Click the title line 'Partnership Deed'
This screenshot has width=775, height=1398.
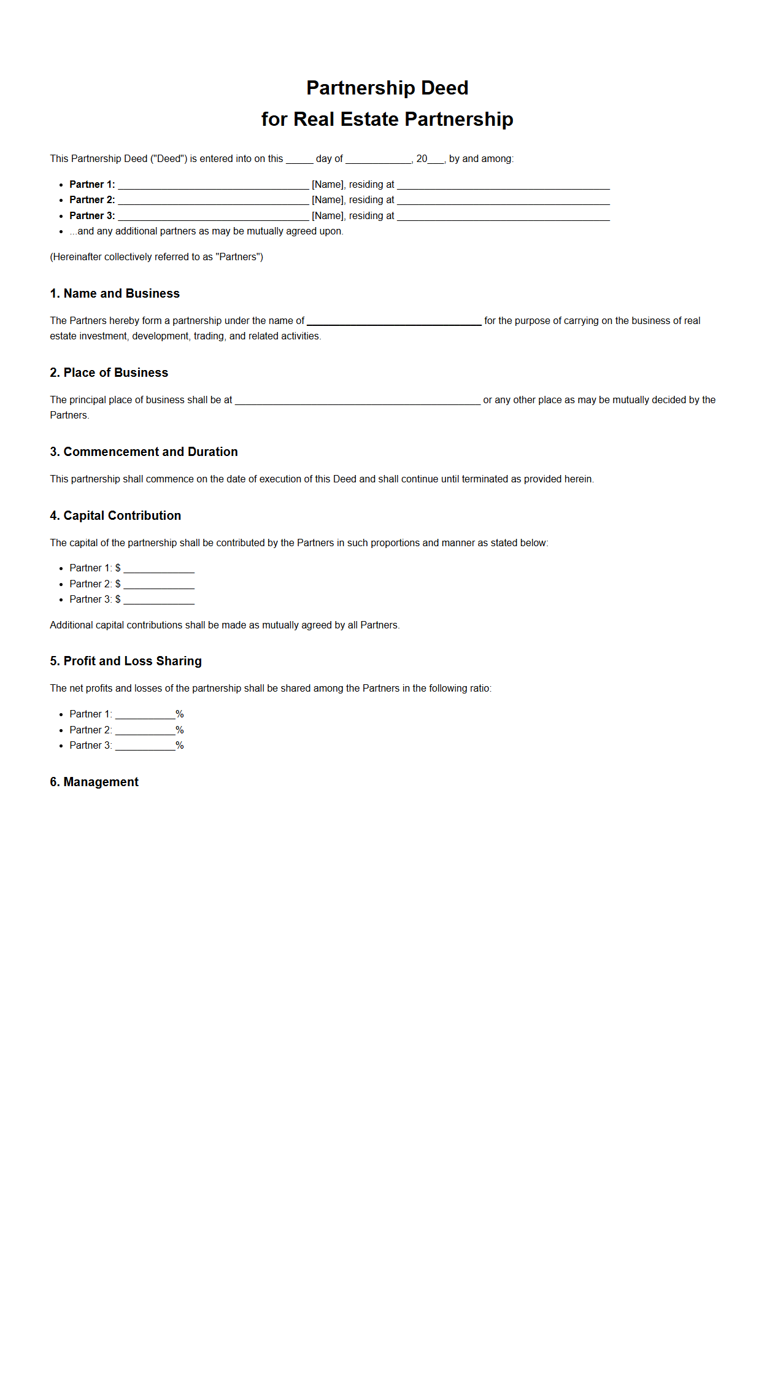click(x=387, y=88)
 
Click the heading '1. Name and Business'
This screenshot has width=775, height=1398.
click(x=115, y=293)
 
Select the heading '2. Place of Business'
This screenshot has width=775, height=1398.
click(x=109, y=373)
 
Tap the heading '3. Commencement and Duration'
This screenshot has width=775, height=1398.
click(x=144, y=452)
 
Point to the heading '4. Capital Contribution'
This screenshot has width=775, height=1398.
click(x=115, y=516)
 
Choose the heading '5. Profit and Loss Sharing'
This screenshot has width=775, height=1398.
click(x=126, y=661)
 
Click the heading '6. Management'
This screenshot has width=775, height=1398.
click(x=94, y=782)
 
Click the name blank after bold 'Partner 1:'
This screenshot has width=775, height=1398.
click(x=213, y=185)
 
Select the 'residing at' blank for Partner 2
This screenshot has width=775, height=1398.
click(x=503, y=200)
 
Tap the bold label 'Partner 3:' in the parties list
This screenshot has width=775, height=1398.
click(x=92, y=216)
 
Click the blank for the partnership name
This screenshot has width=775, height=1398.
click(x=394, y=321)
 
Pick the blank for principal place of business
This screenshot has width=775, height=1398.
click(x=357, y=400)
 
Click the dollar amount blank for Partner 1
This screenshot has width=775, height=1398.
click(x=159, y=568)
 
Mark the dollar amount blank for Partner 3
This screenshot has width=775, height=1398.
click(x=159, y=600)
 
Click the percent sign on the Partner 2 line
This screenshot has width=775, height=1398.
click(x=180, y=730)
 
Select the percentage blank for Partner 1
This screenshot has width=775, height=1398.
click(x=145, y=714)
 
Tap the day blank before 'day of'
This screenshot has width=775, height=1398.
click(x=299, y=159)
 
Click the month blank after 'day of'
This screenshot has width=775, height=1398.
click(x=378, y=159)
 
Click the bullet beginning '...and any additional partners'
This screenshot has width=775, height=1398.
click(x=206, y=231)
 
